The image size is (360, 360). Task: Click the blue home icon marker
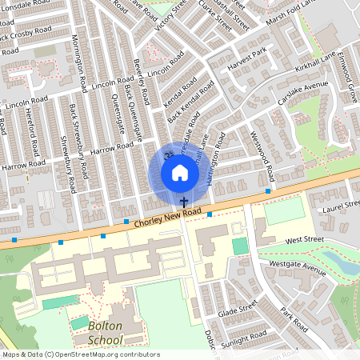coord(179,173)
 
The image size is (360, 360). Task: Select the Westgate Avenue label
coord(298,268)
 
